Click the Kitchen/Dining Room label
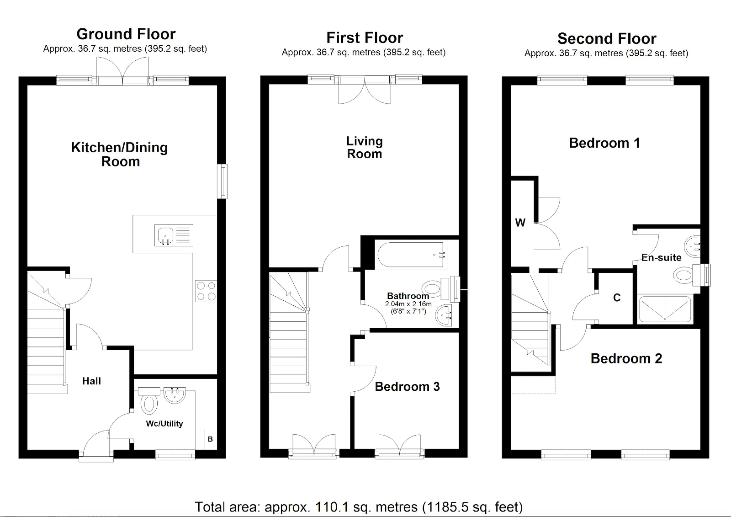(119, 155)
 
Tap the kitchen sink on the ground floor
(174, 235)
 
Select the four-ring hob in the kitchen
(206, 291)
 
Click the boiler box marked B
(211, 439)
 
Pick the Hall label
(91, 381)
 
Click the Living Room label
(365, 148)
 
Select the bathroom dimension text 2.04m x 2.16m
(408, 304)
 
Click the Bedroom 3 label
(407, 387)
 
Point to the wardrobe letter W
(520, 223)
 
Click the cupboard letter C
(617, 298)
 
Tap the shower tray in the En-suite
(665, 309)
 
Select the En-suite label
(661, 258)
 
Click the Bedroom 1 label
(604, 143)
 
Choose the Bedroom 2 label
(626, 358)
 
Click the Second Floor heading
(607, 38)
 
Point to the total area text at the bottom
(359, 507)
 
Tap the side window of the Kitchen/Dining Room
(222, 181)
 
